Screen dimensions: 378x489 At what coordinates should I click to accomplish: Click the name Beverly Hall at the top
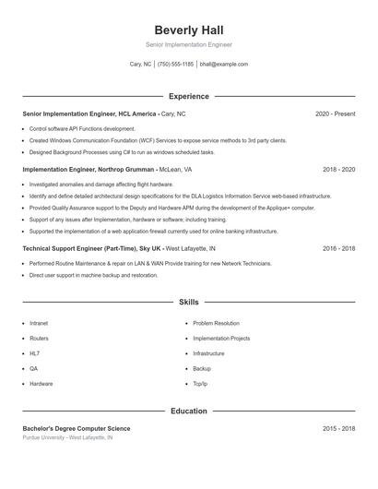point(188,30)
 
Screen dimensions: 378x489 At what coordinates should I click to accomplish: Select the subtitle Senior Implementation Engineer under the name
point(188,44)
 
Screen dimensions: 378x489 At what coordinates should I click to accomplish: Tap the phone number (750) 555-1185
point(175,65)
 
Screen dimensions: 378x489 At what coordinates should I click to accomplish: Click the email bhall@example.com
point(224,65)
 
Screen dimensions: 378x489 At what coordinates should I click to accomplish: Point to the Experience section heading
point(188,96)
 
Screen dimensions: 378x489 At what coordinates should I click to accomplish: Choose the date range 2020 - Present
point(335,113)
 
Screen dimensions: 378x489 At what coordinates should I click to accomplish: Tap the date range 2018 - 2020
point(338,170)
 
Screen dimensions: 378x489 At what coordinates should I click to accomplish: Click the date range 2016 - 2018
point(338,249)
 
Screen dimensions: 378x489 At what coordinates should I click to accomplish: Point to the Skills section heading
point(188,302)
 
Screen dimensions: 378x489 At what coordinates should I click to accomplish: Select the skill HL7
point(35,353)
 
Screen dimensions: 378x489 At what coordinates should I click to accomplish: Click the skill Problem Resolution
point(216,324)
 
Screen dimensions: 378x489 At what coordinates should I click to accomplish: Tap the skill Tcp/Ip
point(200,383)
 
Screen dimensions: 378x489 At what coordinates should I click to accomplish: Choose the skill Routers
point(39,339)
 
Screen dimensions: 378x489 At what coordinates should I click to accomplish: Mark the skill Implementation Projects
point(221,339)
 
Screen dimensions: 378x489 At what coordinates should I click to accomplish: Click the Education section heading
point(188,411)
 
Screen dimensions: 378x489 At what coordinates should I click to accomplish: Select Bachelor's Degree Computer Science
point(77,429)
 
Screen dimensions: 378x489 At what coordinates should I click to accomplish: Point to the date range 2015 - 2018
point(338,429)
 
